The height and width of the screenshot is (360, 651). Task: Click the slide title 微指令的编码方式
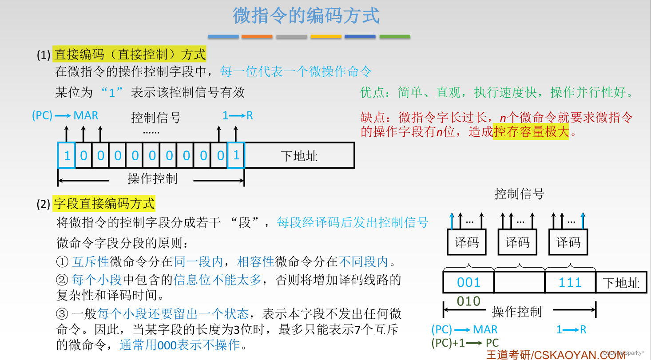tap(306, 16)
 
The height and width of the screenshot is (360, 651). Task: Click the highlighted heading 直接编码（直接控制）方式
tap(130, 54)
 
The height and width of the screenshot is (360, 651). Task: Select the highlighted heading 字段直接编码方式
tap(104, 203)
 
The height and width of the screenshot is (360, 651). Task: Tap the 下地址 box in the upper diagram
tap(299, 156)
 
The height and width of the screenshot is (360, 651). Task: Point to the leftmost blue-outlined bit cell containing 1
tap(67, 155)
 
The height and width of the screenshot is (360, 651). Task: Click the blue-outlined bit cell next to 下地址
tap(236, 155)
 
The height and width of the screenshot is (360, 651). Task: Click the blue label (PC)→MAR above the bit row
tap(65, 115)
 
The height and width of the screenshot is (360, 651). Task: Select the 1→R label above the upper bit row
tap(238, 115)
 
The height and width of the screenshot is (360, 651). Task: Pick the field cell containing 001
tap(468, 282)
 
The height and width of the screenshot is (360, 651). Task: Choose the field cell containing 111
tap(570, 282)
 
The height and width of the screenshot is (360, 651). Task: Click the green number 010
tap(468, 301)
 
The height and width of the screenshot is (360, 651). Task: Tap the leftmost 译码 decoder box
tap(467, 242)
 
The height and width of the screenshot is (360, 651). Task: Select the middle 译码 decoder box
tap(517, 242)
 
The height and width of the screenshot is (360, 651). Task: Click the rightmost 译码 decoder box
tap(568, 242)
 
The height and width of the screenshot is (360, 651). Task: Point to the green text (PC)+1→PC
tap(465, 343)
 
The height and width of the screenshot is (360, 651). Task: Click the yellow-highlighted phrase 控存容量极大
tap(531, 131)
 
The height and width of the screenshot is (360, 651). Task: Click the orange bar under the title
tap(257, 36)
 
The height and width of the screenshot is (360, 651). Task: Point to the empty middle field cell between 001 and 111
tap(519, 282)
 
